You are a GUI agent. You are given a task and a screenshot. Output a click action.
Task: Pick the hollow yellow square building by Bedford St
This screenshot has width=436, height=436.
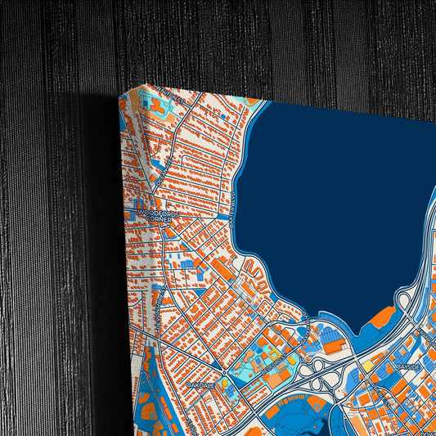tap(293, 360)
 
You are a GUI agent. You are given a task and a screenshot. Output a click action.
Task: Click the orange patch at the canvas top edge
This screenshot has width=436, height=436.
tap(254, 103)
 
